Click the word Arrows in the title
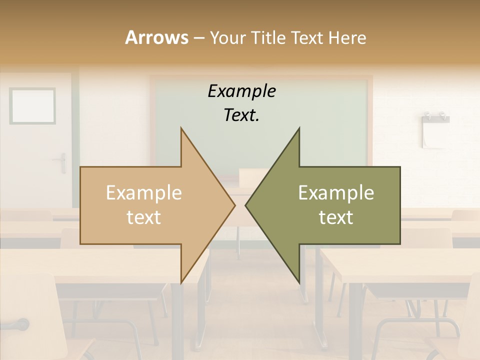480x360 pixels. pos(156,37)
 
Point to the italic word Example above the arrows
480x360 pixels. pos(241,91)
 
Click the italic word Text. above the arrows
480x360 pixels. pos(241,115)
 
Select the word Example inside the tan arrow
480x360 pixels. pos(143,193)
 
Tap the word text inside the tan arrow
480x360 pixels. pos(143,217)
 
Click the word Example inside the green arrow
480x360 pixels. pos(336,193)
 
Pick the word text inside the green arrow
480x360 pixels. pos(336,217)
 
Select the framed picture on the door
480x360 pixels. pos(32,105)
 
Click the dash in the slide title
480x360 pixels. pos(198,38)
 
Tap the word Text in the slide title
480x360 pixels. pos(307,37)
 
